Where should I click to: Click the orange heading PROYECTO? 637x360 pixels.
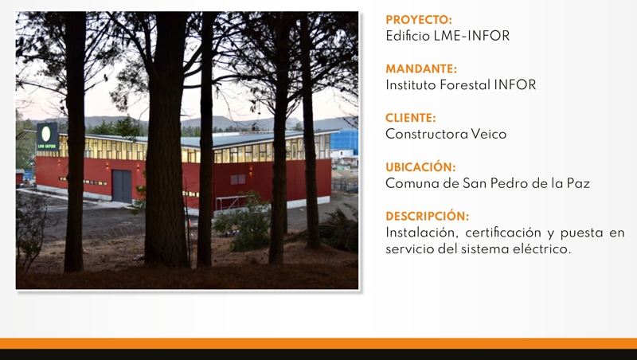[419, 20]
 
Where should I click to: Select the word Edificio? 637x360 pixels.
[408, 36]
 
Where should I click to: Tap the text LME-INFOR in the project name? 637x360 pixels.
[471, 36]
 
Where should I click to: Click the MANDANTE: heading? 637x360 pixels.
[421, 68]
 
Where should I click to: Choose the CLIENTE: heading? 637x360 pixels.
[410, 118]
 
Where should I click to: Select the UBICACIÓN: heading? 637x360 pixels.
[420, 167]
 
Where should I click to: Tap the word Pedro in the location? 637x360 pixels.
[509, 183]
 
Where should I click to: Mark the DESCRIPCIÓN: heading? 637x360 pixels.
[428, 216]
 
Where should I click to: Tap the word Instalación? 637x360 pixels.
[424, 233]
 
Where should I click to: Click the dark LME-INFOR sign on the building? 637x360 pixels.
[48, 137]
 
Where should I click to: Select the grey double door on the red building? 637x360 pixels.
[122, 186]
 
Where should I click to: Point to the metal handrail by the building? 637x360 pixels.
[232, 202]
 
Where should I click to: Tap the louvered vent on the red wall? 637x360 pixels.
[237, 179]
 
